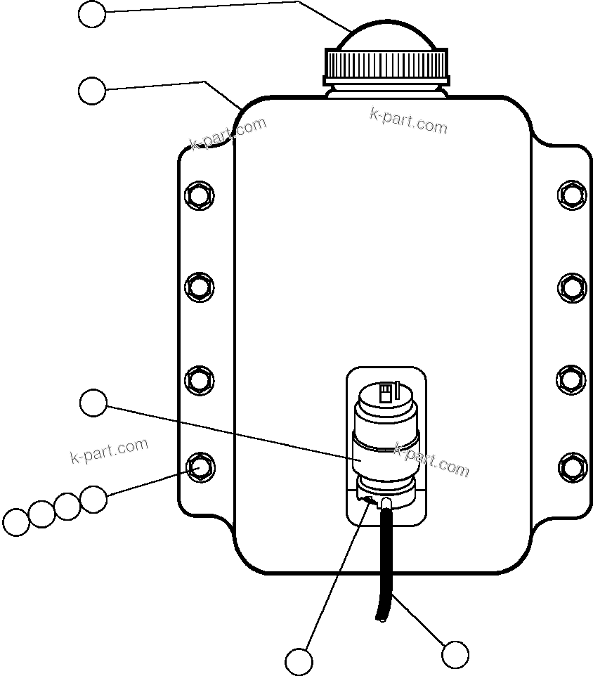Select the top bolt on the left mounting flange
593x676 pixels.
199,193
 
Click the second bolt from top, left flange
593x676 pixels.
199,286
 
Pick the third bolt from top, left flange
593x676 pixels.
199,379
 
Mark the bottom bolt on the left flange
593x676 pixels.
199,467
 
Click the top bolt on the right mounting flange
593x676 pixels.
572,193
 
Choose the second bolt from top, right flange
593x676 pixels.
572,286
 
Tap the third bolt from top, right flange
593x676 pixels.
572,379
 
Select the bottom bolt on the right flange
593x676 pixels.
572,467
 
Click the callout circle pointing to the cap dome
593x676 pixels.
91,14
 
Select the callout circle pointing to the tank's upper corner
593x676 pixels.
91,91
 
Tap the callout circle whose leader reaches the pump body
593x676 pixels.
93,403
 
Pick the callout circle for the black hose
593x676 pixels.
455,654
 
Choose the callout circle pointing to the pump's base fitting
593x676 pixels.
299,661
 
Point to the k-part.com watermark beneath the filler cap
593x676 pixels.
408,121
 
